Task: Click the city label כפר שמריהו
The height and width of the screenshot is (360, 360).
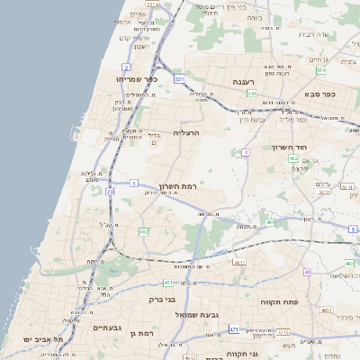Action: (x=144, y=79)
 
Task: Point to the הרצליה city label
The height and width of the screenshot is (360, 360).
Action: (x=184, y=132)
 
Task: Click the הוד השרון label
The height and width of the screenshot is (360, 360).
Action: (x=289, y=147)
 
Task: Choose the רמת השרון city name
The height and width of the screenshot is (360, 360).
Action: (x=177, y=186)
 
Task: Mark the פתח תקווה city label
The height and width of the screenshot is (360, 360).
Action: (x=279, y=302)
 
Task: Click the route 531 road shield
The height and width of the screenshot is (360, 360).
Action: (x=180, y=79)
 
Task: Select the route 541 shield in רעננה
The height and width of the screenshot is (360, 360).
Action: (x=252, y=93)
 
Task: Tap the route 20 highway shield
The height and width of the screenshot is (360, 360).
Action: (x=110, y=192)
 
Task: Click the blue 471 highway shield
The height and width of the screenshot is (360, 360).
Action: (x=234, y=329)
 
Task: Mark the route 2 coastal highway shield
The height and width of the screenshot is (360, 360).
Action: (x=127, y=67)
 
